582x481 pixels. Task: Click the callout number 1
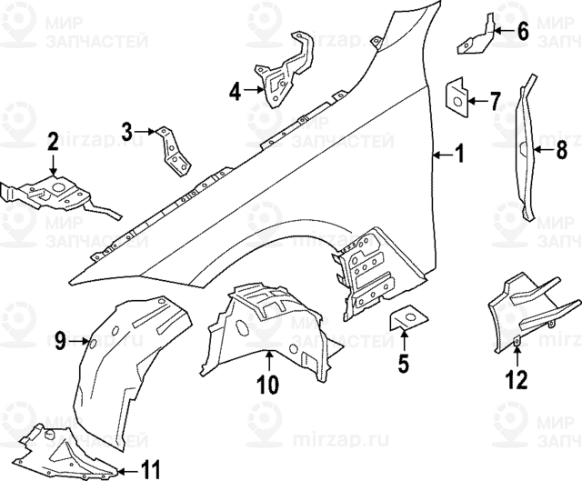pyautogui.click(x=459, y=155)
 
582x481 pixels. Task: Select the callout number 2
pyautogui.click(x=53, y=141)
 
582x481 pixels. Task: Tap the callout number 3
pyautogui.click(x=127, y=133)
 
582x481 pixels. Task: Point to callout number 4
pyautogui.click(x=235, y=91)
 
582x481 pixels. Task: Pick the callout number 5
pyautogui.click(x=403, y=365)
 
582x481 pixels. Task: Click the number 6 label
pyautogui.click(x=522, y=32)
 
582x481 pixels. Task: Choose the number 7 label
pyautogui.click(x=495, y=100)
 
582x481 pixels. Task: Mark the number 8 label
pyautogui.click(x=561, y=151)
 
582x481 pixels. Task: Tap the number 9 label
pyautogui.click(x=59, y=341)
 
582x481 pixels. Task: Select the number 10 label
pyautogui.click(x=266, y=385)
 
